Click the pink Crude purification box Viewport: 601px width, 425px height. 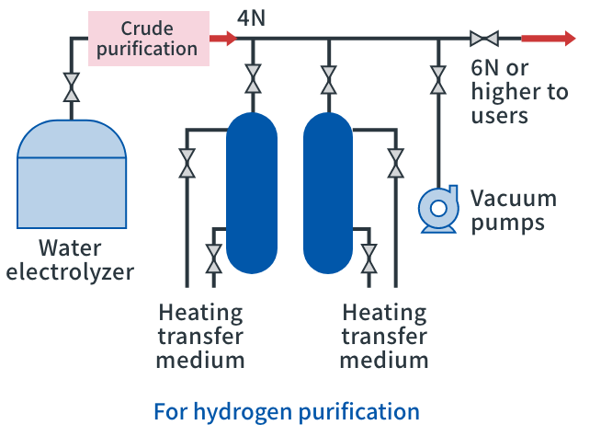[148, 38]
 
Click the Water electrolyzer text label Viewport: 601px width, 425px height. [71, 260]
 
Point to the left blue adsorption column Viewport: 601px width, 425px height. [252, 192]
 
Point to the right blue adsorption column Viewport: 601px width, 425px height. [328, 192]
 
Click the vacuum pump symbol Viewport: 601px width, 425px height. [437, 208]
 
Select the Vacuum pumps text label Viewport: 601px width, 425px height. [513, 210]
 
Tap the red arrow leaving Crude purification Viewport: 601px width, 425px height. [222, 39]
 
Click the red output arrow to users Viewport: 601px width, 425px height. [549, 39]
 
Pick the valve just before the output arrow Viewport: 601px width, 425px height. [483, 39]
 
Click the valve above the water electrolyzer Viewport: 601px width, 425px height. [71, 88]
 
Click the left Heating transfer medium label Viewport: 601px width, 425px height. [200, 335]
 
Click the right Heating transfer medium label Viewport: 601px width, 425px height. [383, 335]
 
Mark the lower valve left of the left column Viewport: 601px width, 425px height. [213, 258]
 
